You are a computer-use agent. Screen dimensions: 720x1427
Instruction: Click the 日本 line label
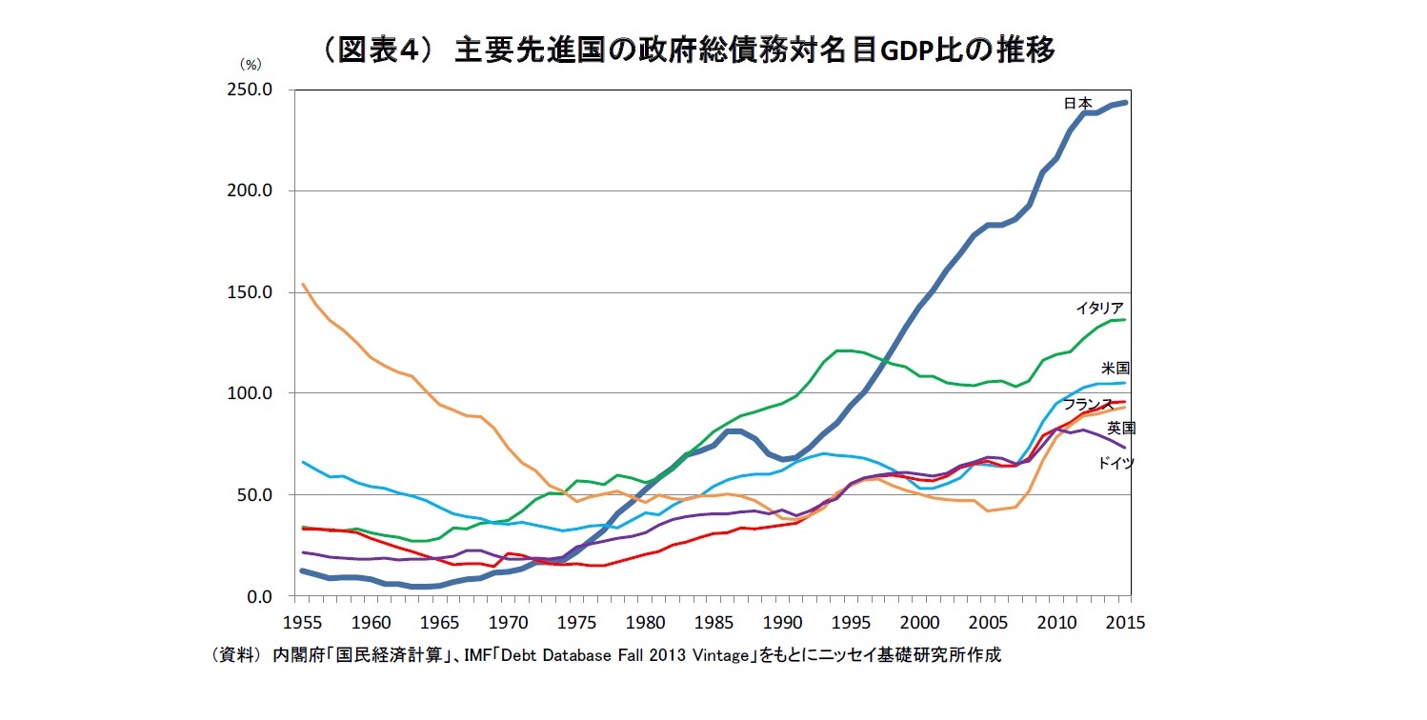coord(1078,103)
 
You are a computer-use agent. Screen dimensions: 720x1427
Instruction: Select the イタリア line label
coord(1099,308)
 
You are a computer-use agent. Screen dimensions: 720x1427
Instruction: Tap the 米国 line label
coord(1116,368)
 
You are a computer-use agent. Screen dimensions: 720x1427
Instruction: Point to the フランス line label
coord(1088,405)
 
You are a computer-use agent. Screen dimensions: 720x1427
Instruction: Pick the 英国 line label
coord(1121,428)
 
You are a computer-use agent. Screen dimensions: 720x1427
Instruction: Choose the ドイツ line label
coord(1115,463)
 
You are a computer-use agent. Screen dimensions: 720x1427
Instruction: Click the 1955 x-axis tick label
coord(302,623)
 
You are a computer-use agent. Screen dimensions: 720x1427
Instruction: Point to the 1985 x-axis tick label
coord(713,623)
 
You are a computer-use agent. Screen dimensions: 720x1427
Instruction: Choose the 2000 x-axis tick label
coord(919,623)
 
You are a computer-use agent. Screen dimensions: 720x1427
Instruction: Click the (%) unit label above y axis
coord(251,65)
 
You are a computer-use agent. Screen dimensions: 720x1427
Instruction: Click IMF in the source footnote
coord(473,656)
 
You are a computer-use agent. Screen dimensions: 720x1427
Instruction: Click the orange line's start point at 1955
coord(302,284)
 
